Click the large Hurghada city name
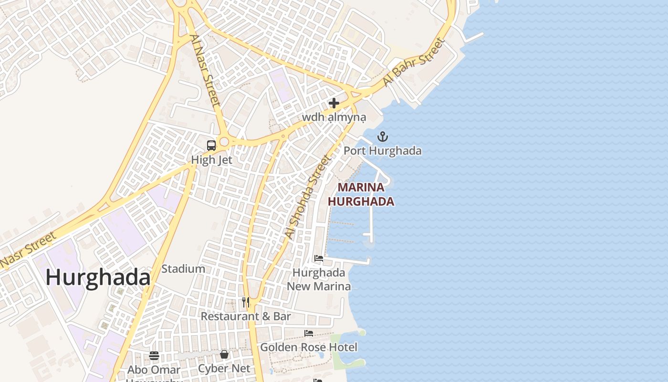point(98,277)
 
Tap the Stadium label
point(183,269)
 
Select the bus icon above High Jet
point(211,146)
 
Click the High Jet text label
point(211,160)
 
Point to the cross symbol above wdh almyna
point(334,103)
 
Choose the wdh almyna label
point(334,117)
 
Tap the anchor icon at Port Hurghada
point(382,137)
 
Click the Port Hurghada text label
point(383,151)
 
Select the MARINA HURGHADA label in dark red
point(361,194)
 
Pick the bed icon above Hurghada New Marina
point(319,259)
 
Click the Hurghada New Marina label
point(319,279)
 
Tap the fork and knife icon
point(246,302)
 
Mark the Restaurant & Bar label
point(246,316)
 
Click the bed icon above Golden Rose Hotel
point(309,333)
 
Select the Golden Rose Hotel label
point(309,347)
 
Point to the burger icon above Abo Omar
point(154,355)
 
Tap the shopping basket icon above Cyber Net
point(224,354)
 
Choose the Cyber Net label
point(224,369)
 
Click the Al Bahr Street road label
point(414,62)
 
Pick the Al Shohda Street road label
point(308,197)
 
